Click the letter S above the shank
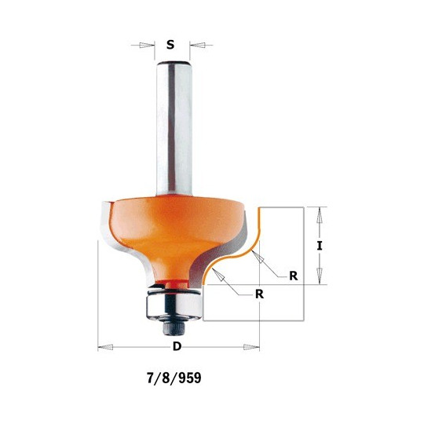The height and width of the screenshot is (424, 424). [x=170, y=45]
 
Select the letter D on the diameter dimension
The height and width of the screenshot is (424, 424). [x=177, y=345]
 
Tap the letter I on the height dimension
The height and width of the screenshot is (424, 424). [x=320, y=246]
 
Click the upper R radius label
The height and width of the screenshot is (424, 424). [x=294, y=276]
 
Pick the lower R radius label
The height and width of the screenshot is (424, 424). [x=259, y=294]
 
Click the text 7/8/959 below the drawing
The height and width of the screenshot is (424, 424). [x=174, y=378]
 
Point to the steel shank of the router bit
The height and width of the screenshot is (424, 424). [x=174, y=129]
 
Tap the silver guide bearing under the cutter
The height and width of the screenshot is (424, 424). [x=174, y=305]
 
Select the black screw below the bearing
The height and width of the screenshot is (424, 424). [x=173, y=327]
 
